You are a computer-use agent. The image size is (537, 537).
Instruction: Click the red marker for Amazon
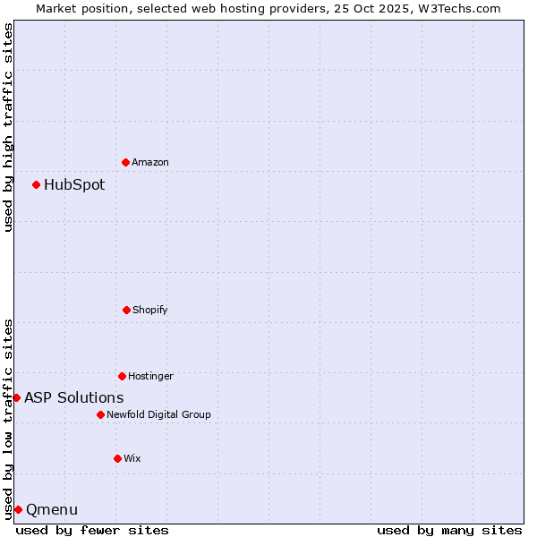coord(125,162)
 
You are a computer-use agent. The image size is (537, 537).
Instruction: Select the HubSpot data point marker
coord(36,185)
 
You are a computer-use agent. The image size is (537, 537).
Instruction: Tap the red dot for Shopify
coord(126,310)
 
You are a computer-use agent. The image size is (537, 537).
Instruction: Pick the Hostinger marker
coord(122,376)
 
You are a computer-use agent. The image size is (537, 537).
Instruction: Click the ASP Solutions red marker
coord(16,397)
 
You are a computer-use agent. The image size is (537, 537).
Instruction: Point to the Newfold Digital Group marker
coord(100,414)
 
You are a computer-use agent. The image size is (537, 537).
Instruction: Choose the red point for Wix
coord(117,458)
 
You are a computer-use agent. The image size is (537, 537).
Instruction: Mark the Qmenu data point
coord(18,509)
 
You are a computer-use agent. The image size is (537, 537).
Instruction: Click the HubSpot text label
coord(74,185)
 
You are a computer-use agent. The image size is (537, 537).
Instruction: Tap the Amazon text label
coord(150,162)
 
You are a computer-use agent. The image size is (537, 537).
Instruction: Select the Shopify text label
coord(150,310)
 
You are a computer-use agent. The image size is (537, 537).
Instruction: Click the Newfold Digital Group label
coord(158,414)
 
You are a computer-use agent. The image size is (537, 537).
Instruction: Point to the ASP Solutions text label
coord(74,397)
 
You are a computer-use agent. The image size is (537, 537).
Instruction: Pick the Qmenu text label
coord(52,509)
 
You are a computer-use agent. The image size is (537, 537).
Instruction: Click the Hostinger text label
coord(150,376)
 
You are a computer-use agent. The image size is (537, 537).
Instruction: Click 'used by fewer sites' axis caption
coord(92,530)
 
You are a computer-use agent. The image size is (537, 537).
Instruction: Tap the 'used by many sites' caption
coord(449,530)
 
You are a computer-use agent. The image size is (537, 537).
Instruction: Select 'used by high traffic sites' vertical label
coord(8,128)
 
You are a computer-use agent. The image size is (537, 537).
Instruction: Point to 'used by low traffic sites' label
coord(8,419)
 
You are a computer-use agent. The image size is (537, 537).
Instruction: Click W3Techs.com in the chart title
coord(456,8)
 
